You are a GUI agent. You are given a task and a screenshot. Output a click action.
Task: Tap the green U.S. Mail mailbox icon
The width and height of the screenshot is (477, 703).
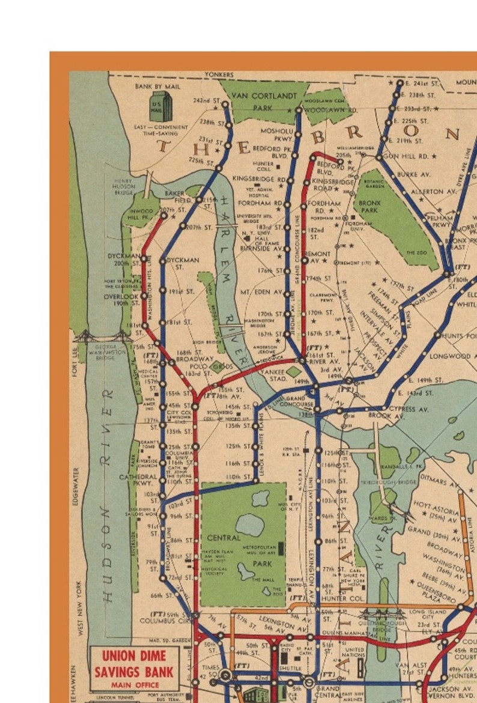pyautogui.click(x=160, y=107)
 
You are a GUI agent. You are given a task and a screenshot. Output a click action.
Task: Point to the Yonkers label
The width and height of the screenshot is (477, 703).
pyautogui.click(x=219, y=75)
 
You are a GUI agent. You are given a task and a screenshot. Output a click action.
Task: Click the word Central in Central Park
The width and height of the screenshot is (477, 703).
pyautogui.click(x=223, y=538)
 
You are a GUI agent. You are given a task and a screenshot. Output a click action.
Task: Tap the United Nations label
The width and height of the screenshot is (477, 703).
pyautogui.click(x=355, y=653)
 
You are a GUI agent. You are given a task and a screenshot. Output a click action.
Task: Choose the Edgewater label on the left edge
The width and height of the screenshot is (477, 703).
pyautogui.click(x=76, y=486)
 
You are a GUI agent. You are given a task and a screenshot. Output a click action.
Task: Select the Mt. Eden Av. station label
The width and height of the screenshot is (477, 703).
pyautogui.click(x=261, y=292)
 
